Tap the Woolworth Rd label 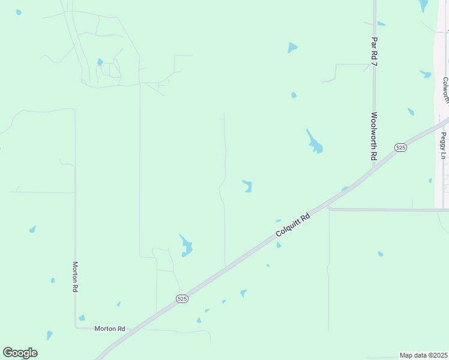(373, 136)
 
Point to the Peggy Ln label (443, 146)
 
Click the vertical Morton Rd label (76, 277)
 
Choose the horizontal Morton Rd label (109, 329)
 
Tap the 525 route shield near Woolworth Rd (401, 147)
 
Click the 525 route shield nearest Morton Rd (182, 298)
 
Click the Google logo (20, 353)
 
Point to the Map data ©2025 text (423, 355)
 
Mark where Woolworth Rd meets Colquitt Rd (373, 169)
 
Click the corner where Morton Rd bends (76, 327)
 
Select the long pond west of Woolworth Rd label (314, 142)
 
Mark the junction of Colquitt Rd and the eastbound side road (328, 208)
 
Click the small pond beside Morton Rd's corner (82, 318)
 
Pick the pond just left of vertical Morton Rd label (53, 280)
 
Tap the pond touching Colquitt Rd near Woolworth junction (345, 189)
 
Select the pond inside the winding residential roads (100, 62)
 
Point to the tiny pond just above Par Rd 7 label (381, 24)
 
